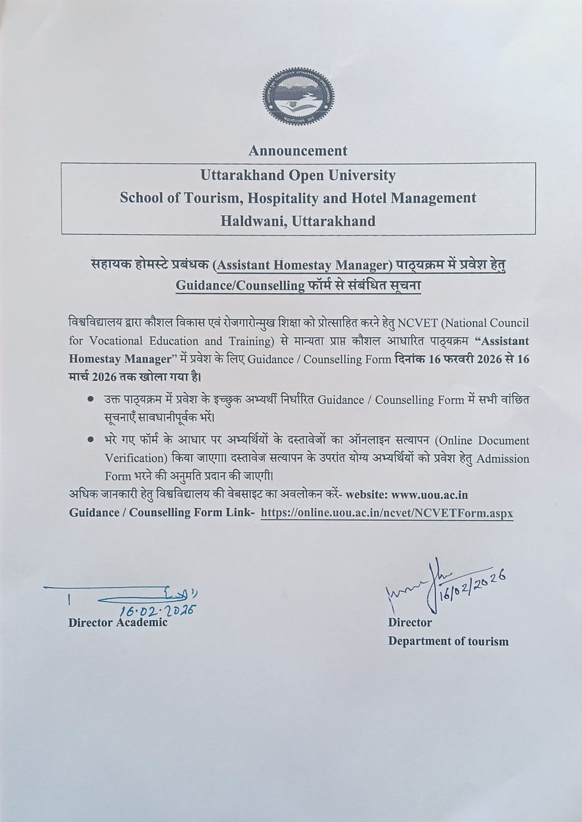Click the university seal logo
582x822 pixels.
tap(298, 100)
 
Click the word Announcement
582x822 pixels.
tap(298, 151)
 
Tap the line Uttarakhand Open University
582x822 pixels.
tap(298, 175)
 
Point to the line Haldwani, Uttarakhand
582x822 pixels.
tap(298, 221)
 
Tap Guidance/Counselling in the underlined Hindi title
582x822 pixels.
tap(240, 286)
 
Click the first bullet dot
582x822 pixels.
tap(90, 398)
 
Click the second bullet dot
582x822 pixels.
tap(90, 440)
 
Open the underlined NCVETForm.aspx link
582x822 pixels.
tap(387, 513)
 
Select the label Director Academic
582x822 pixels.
tap(118, 622)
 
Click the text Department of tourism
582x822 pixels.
tap(448, 641)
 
